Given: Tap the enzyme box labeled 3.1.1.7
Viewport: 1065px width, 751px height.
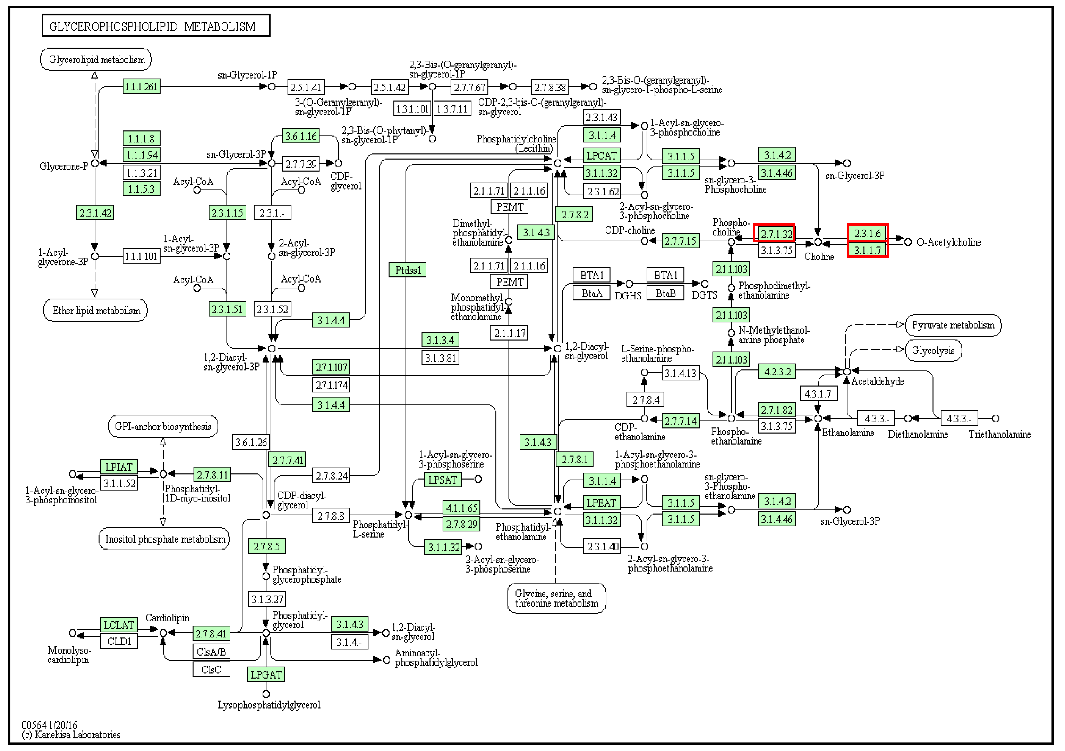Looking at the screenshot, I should [867, 250].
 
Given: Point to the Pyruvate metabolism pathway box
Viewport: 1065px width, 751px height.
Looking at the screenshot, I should [953, 325].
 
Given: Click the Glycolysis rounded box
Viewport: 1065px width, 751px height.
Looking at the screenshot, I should [933, 351].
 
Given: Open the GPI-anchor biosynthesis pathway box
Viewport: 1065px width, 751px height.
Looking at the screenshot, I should [163, 426].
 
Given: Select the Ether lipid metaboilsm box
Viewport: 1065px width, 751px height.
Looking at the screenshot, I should [96, 310].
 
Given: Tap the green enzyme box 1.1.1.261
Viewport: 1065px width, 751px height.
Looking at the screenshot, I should [141, 86].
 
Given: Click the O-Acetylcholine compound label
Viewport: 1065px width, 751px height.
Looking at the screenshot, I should [949, 242].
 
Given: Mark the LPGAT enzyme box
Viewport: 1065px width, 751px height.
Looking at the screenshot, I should [266, 674].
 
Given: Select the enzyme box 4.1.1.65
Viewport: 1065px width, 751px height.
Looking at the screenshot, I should [461, 508].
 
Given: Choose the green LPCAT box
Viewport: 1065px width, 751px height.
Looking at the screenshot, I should [601, 155].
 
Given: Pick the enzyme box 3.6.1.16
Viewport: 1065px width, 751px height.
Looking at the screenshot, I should [301, 136].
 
